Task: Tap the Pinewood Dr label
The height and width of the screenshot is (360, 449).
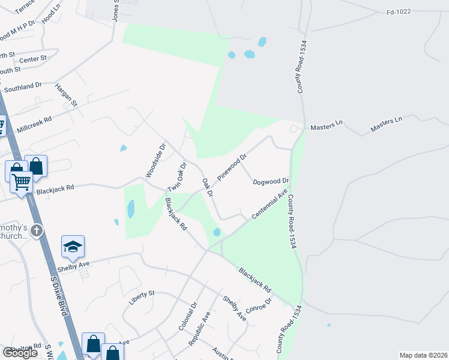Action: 232,168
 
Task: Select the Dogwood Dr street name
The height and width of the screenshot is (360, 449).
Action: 271,181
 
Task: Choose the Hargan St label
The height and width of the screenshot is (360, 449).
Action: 66,95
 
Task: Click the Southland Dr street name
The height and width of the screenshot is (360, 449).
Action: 23,87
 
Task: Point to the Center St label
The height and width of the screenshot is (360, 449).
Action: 32,59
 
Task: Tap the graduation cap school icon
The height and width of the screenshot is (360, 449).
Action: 73,247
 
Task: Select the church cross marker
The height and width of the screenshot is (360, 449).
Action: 37,230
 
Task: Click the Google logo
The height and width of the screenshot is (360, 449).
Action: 20,353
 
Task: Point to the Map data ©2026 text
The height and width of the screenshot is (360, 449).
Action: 423,355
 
